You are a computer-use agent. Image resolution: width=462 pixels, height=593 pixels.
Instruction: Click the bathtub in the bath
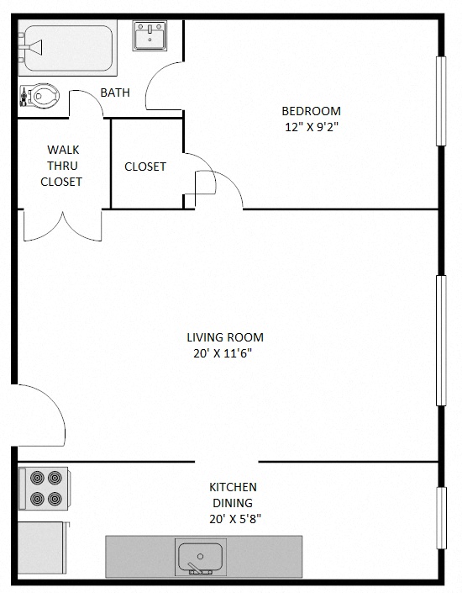(x=67, y=49)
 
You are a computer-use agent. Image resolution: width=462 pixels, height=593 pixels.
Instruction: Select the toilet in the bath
(x=42, y=97)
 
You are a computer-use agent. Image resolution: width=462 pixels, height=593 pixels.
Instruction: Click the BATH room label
(x=115, y=93)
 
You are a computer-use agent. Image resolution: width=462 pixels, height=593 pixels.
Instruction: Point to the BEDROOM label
(x=311, y=111)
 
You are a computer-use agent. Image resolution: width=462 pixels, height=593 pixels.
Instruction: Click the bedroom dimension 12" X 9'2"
(x=311, y=127)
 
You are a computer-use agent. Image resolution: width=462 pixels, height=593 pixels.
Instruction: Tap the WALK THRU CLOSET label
(x=62, y=165)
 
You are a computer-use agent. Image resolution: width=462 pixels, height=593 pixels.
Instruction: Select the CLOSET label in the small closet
(x=145, y=167)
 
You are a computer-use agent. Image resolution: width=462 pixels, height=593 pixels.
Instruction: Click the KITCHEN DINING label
(x=233, y=495)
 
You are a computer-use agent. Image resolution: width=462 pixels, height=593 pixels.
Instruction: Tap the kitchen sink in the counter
(x=200, y=557)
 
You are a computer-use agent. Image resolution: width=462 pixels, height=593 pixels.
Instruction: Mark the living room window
(x=439, y=340)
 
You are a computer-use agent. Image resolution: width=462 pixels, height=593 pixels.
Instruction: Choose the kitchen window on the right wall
(x=439, y=518)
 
